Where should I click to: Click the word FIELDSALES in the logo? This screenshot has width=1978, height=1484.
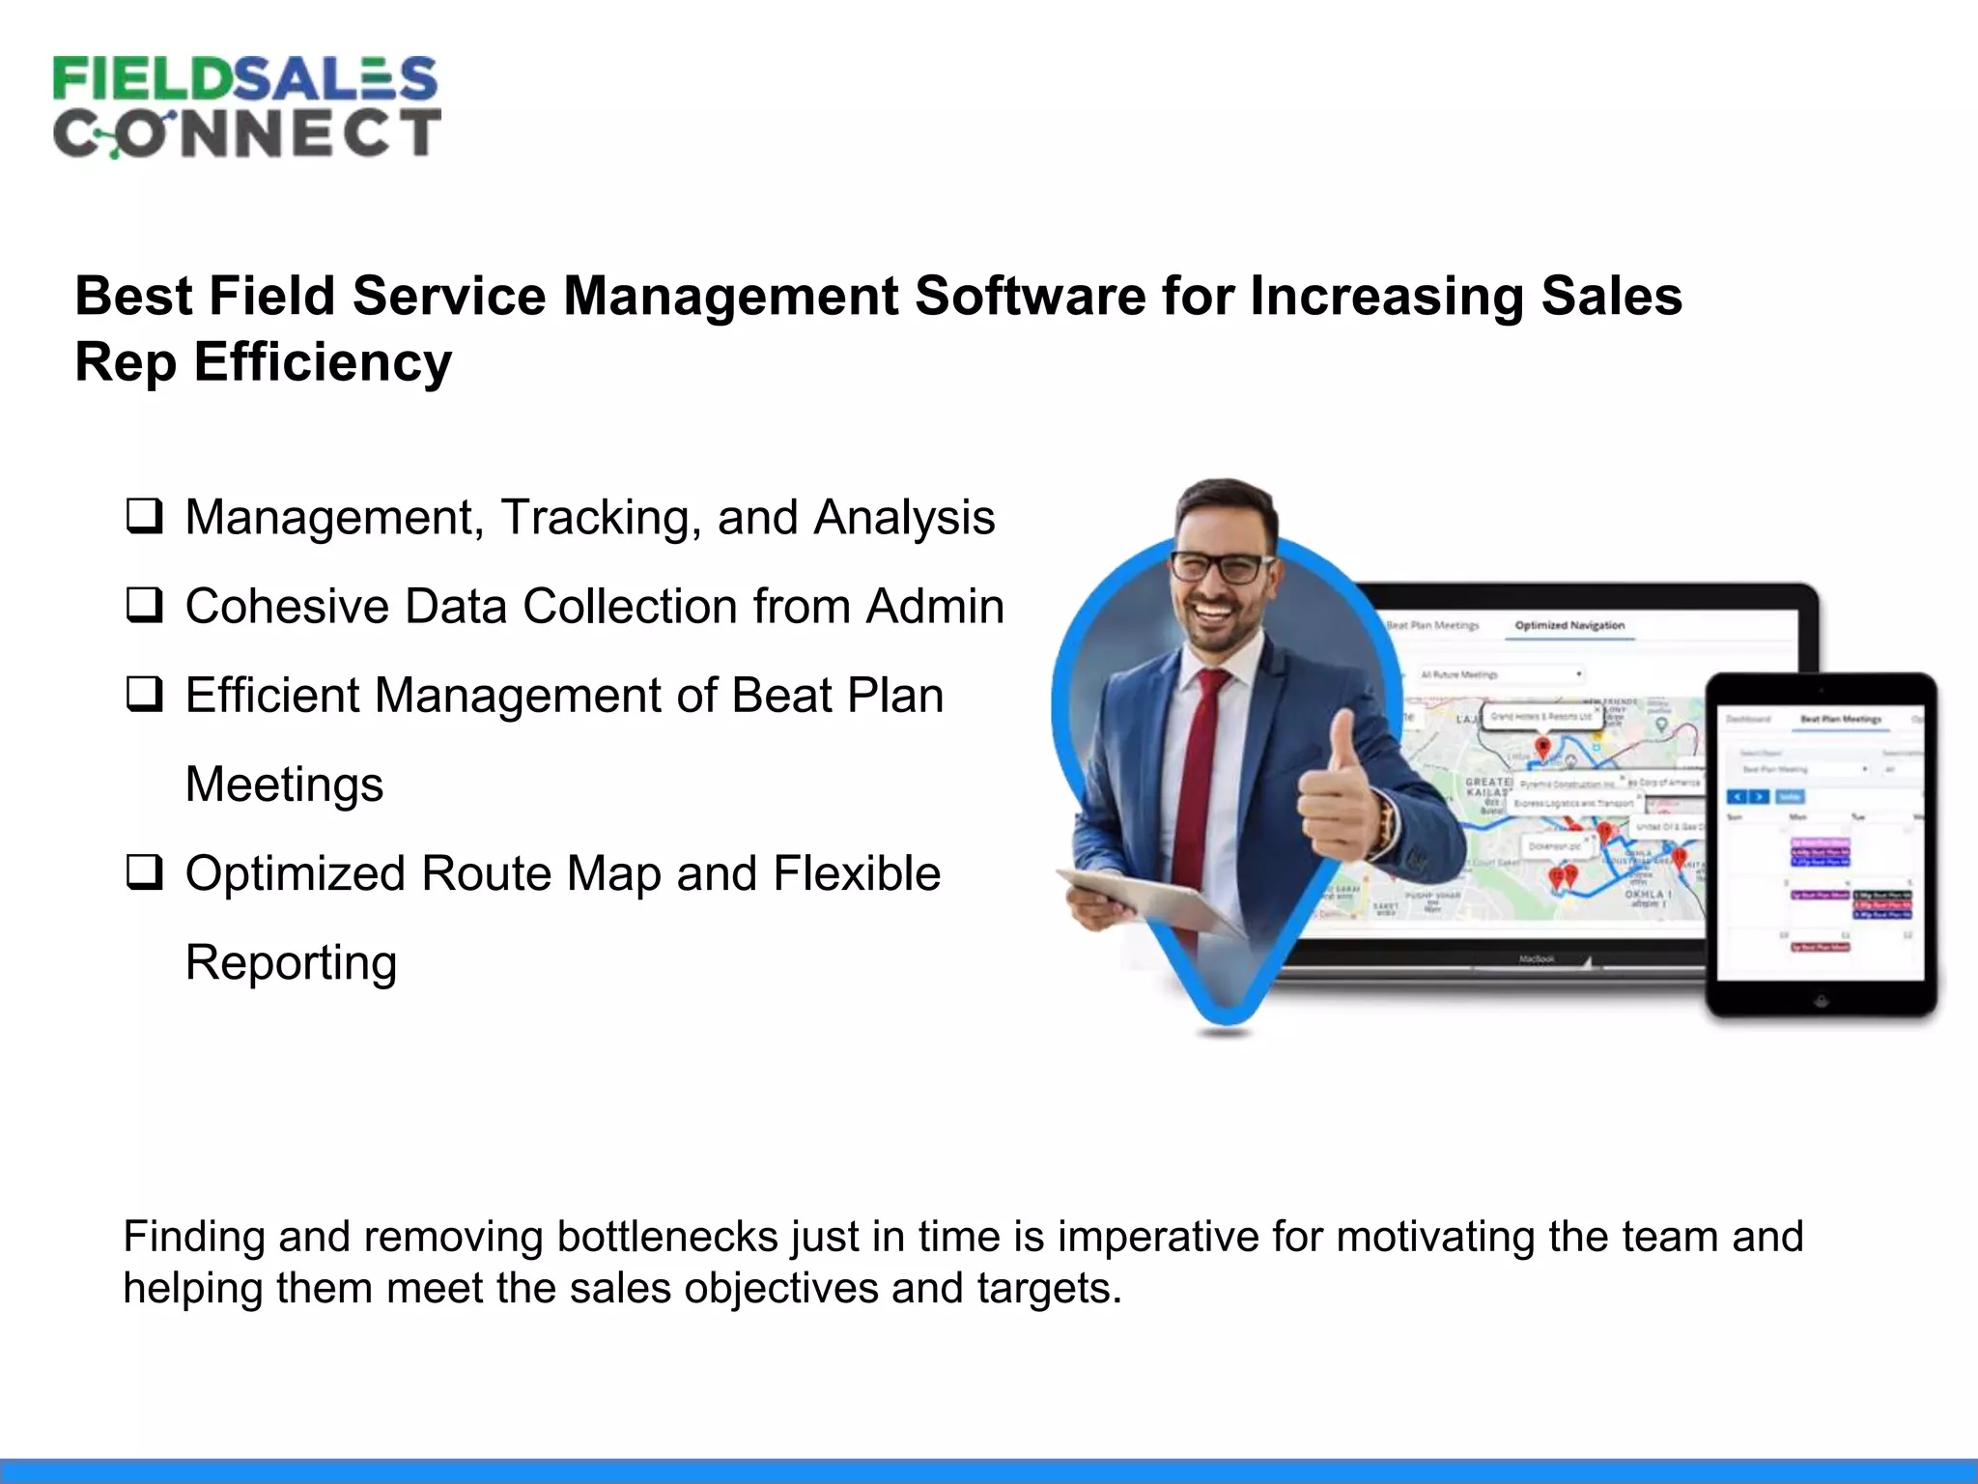click(245, 78)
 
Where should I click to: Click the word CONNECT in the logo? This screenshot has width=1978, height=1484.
click(247, 133)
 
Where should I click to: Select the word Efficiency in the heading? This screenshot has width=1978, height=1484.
click(323, 362)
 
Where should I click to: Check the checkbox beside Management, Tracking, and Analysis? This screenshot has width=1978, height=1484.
click(144, 516)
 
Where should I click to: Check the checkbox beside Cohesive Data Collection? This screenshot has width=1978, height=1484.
click(144, 605)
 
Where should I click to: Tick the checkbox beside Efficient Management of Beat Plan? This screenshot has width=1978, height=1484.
click(144, 694)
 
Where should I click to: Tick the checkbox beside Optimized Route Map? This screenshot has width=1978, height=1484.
click(144, 872)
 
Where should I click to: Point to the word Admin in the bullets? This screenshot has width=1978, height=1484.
click(935, 607)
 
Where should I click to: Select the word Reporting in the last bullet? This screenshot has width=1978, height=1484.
click(291, 963)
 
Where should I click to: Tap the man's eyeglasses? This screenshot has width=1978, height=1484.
click(1221, 567)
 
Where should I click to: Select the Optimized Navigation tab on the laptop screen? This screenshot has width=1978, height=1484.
click(1569, 625)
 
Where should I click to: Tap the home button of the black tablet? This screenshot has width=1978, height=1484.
click(1822, 1001)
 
